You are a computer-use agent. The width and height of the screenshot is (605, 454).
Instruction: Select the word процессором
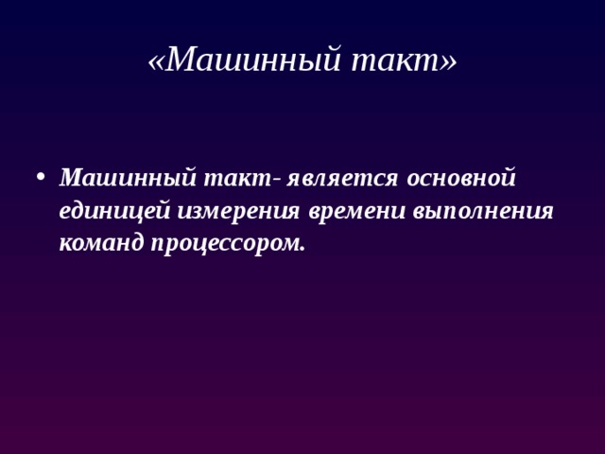[x=227, y=243]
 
